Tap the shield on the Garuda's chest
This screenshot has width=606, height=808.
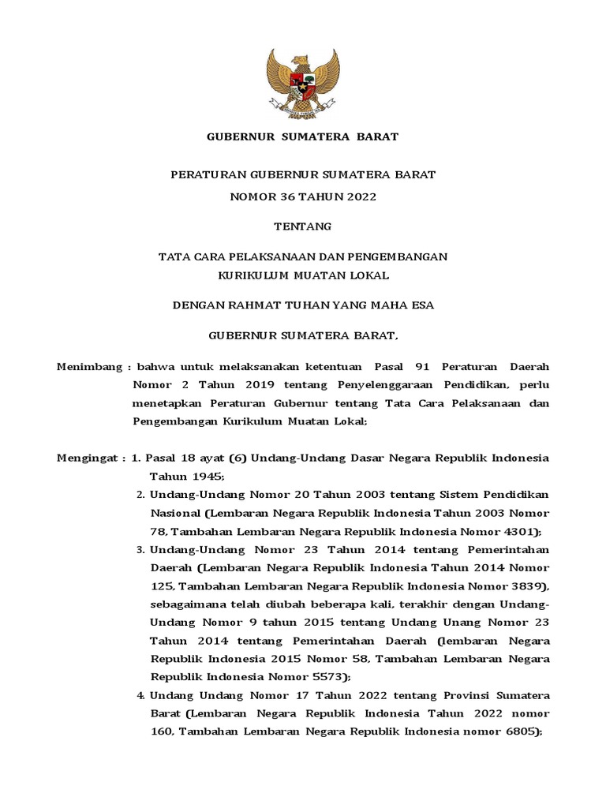point(302,82)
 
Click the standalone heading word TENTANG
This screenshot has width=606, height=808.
point(302,226)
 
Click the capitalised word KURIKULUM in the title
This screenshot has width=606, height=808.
point(252,275)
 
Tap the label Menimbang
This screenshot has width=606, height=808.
point(90,367)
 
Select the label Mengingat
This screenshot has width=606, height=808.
point(88,458)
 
